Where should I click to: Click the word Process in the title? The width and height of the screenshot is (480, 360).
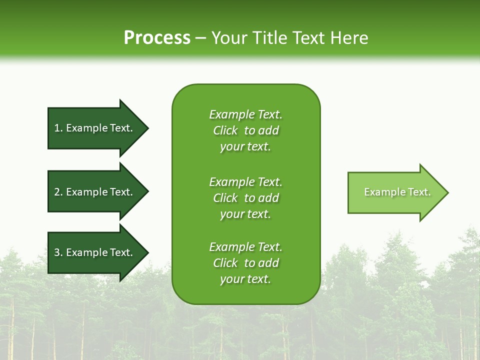pyautogui.click(x=157, y=38)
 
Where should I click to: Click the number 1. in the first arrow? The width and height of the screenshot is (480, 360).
pyautogui.click(x=58, y=128)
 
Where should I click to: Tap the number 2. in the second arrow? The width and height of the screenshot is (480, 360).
pyautogui.click(x=58, y=192)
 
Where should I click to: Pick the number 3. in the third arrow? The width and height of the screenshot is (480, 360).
pyautogui.click(x=58, y=252)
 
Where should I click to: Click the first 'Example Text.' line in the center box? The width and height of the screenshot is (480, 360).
pyautogui.click(x=245, y=114)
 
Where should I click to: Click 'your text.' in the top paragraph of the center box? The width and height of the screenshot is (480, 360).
pyautogui.click(x=245, y=146)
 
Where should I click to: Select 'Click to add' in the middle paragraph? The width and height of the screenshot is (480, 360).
pyautogui.click(x=245, y=198)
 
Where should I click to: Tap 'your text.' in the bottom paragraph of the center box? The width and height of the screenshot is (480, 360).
pyautogui.click(x=245, y=279)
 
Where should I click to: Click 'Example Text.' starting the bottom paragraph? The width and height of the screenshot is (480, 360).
pyautogui.click(x=245, y=247)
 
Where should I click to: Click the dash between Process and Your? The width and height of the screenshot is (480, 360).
pyautogui.click(x=200, y=38)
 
